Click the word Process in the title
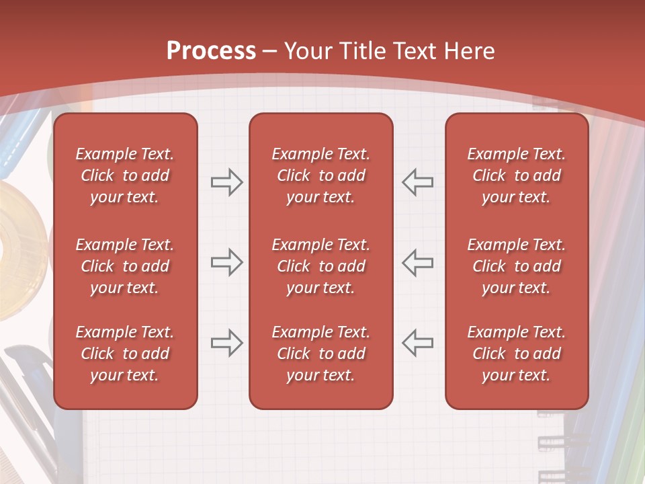[x=211, y=51]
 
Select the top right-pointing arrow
[x=226, y=182]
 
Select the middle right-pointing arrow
[x=226, y=262]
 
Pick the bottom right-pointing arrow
[x=226, y=343]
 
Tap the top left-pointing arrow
[x=418, y=182]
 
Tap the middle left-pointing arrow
[x=418, y=262]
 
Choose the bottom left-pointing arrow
[x=418, y=343]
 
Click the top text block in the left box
[x=125, y=175]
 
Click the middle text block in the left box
[x=125, y=266]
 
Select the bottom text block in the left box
[x=125, y=354]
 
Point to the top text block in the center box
[x=320, y=175]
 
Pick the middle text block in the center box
[x=320, y=266]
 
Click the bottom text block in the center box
[x=320, y=354]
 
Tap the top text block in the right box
[x=516, y=175]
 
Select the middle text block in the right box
[x=516, y=266]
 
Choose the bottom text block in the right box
[x=516, y=354]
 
